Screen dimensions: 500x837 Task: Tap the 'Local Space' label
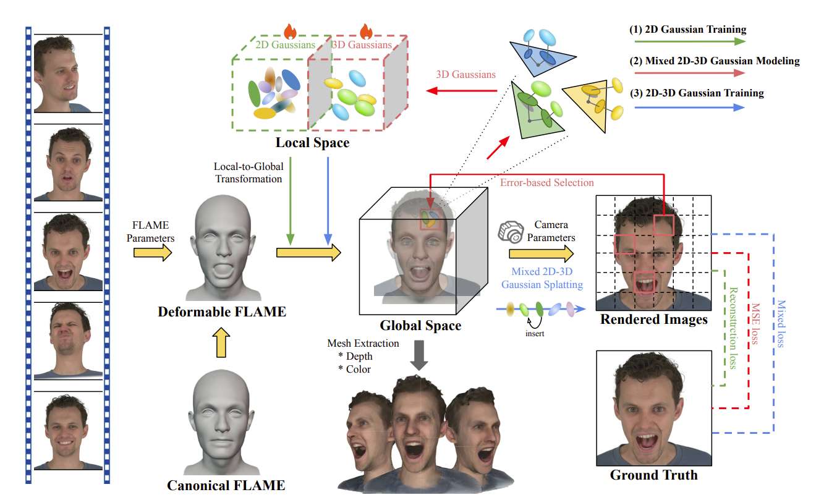pyautogui.click(x=313, y=143)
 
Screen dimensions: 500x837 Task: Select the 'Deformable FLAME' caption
pyautogui.click(x=222, y=311)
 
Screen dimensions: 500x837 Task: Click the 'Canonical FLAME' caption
pyautogui.click(x=226, y=485)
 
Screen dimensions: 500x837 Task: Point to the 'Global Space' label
pyautogui.click(x=420, y=325)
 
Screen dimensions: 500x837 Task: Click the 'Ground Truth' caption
pyautogui.click(x=653, y=475)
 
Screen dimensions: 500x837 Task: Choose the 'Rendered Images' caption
pyautogui.click(x=654, y=320)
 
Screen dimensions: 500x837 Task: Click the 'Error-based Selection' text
pyautogui.click(x=547, y=183)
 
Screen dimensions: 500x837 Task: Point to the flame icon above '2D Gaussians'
pyautogui.click(x=289, y=30)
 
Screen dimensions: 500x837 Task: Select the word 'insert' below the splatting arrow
pyautogui.click(x=535, y=334)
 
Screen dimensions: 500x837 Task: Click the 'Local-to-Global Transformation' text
pyautogui.click(x=248, y=172)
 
